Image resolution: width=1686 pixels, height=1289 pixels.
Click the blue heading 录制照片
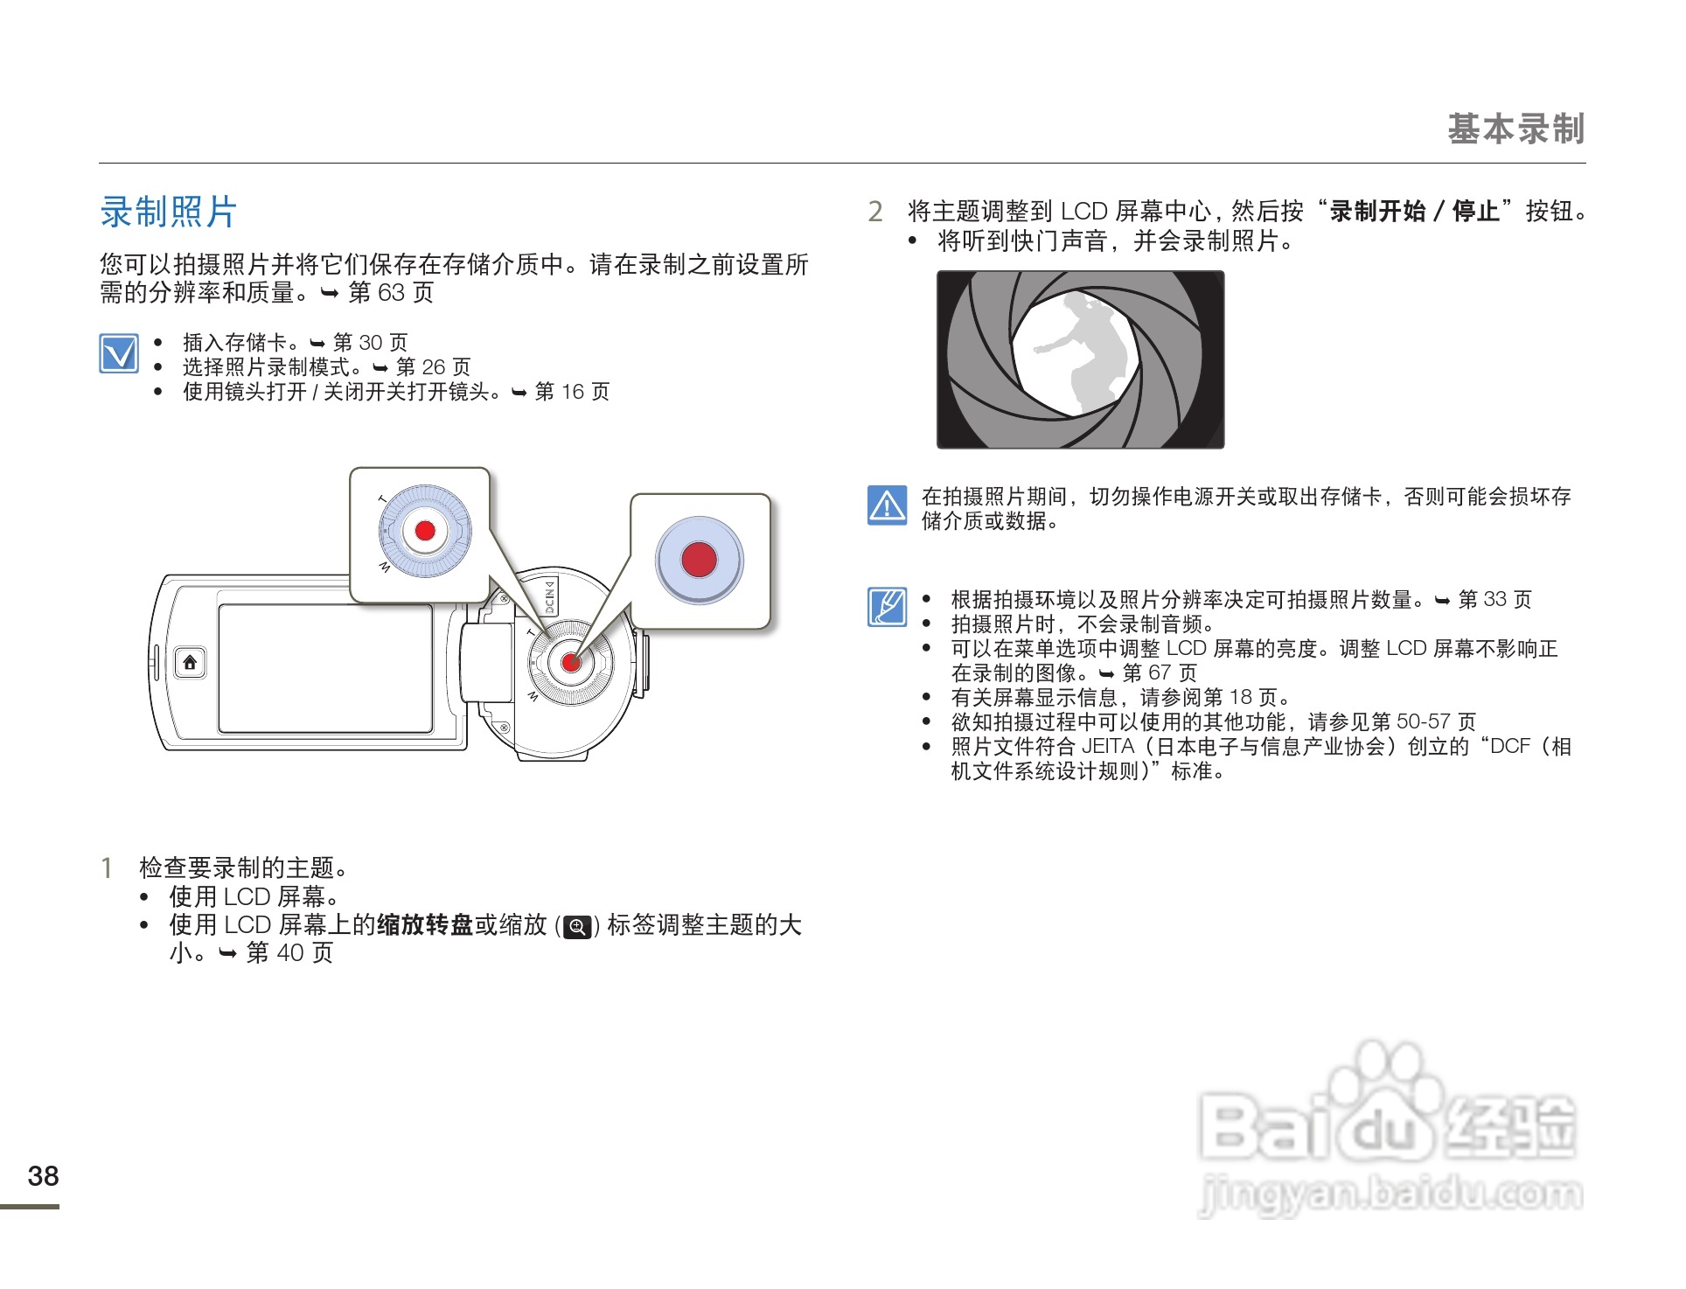click(x=168, y=213)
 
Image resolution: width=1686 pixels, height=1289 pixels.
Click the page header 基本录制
click(x=1515, y=129)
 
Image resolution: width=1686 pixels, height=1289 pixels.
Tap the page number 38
click(x=43, y=1176)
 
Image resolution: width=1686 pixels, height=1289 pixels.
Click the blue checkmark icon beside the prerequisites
click(x=119, y=353)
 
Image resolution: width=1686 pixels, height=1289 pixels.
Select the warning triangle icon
click(x=887, y=505)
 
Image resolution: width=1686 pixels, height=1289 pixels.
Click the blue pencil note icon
click(x=887, y=607)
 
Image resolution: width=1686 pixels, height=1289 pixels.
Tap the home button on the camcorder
click(x=190, y=663)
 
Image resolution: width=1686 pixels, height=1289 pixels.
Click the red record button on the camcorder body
click(x=570, y=663)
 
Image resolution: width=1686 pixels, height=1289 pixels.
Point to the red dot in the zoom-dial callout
click(x=425, y=531)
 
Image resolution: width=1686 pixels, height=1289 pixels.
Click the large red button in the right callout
click(x=699, y=560)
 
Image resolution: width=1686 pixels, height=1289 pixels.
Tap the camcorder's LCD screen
click(x=325, y=668)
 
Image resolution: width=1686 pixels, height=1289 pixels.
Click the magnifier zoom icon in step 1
click(x=577, y=927)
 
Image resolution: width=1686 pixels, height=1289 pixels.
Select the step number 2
click(x=875, y=212)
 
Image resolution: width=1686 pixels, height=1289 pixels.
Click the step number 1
click(x=107, y=868)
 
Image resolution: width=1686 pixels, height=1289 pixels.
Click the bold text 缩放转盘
click(x=425, y=925)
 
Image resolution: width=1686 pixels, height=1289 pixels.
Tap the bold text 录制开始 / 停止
click(x=1415, y=212)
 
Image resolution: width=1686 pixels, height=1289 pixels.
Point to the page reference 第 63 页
click(x=391, y=293)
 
